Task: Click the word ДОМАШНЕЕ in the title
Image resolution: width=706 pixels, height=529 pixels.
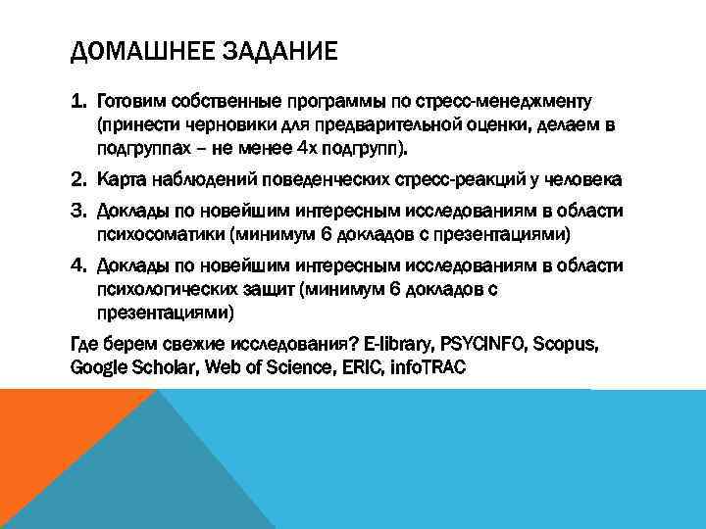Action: click(x=131, y=49)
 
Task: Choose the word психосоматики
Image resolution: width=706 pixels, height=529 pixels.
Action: click(x=153, y=235)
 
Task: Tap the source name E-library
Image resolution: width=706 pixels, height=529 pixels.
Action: click(x=398, y=346)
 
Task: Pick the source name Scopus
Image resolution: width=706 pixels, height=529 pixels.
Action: click(x=567, y=346)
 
